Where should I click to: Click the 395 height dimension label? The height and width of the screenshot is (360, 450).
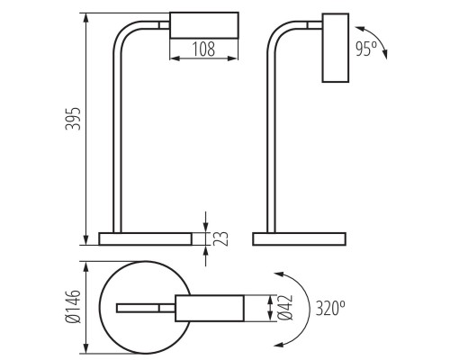[73, 119]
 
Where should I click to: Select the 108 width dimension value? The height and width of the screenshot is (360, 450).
[203, 49]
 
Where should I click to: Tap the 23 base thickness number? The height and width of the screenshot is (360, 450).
[220, 238]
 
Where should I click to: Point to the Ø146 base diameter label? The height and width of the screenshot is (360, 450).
[73, 307]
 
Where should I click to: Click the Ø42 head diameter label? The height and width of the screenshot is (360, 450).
[285, 308]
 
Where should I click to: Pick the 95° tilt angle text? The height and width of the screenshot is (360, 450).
[366, 49]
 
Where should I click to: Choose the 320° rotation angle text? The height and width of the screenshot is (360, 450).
[330, 308]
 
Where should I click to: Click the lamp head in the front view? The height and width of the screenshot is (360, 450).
[204, 25]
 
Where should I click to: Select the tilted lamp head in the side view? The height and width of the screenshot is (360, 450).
[336, 48]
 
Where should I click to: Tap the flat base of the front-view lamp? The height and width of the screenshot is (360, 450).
[146, 238]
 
